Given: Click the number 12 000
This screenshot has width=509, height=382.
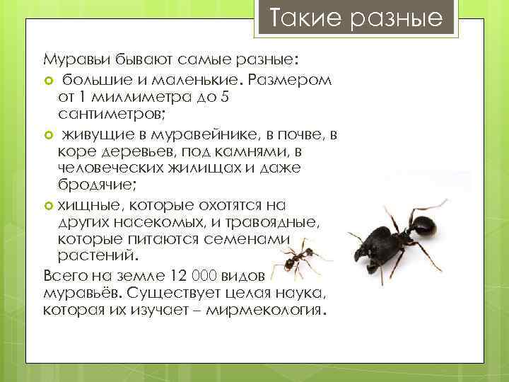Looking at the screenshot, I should coord(195,275).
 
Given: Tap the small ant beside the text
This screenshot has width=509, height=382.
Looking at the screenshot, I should coord(300,257).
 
